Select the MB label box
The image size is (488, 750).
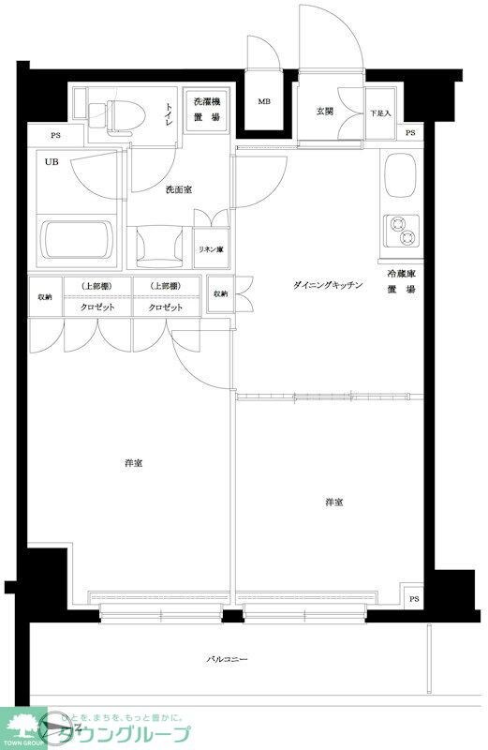click(x=264, y=102)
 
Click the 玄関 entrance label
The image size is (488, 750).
click(x=324, y=111)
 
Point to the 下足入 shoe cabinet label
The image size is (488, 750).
click(x=379, y=112)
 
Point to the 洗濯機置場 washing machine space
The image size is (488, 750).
click(x=205, y=109)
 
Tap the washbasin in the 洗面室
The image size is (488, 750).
click(x=156, y=246)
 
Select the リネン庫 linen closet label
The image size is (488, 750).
click(x=210, y=249)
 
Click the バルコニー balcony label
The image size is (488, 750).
click(x=227, y=660)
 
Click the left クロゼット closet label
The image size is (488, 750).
click(x=96, y=307)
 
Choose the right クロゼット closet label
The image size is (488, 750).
click(x=164, y=307)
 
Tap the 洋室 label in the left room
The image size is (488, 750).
click(x=133, y=463)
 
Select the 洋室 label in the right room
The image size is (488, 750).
click(x=334, y=503)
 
